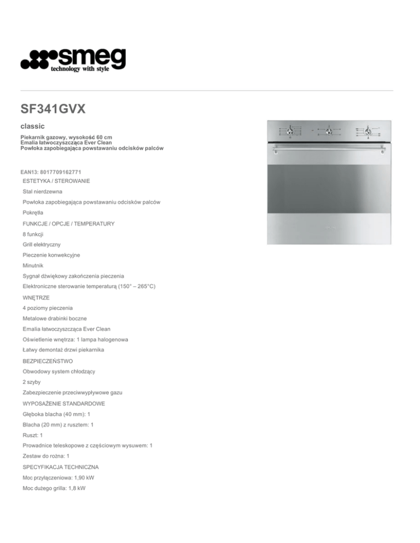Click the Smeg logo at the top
coord(73,60)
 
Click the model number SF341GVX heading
coord(51,110)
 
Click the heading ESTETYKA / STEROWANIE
coord(56,180)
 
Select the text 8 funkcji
coord(33,234)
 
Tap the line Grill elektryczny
coord(45,244)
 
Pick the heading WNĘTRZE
coord(37,297)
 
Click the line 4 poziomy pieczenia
coord(51,308)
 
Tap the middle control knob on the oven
coord(329,131)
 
